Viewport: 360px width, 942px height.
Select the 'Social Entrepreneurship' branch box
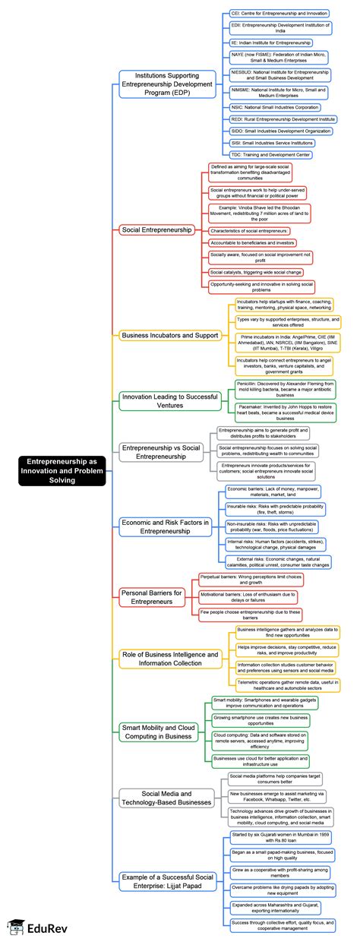(x=157, y=229)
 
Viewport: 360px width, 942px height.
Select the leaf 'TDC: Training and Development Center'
(x=270, y=155)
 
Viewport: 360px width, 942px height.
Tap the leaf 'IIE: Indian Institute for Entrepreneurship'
(x=271, y=43)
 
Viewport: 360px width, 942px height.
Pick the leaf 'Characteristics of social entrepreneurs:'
(x=249, y=230)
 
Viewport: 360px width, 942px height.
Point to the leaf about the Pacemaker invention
(x=285, y=413)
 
